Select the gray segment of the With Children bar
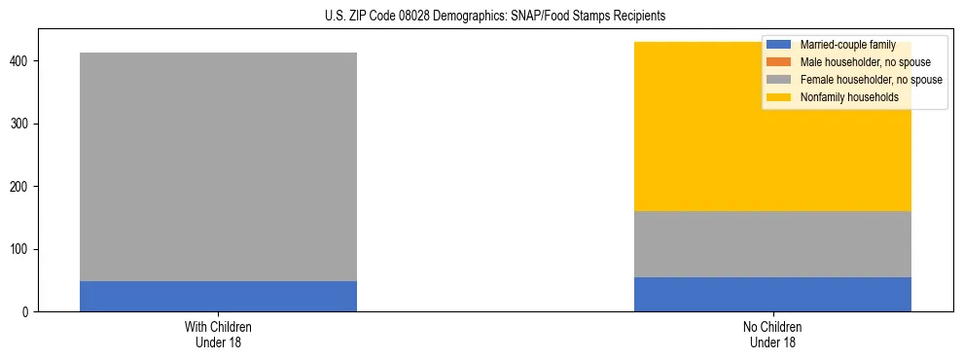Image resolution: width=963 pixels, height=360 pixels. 218,166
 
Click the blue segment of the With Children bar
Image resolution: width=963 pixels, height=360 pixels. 218,296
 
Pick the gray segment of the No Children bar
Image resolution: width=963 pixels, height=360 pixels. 772,244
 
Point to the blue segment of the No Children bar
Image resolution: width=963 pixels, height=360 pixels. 772,294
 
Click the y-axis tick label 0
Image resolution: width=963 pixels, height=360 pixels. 27,312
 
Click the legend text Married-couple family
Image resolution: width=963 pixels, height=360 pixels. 846,45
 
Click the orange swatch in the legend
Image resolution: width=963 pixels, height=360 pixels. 779,62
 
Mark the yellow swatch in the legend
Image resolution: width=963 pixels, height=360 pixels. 779,97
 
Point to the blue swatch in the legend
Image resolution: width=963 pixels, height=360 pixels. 779,45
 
